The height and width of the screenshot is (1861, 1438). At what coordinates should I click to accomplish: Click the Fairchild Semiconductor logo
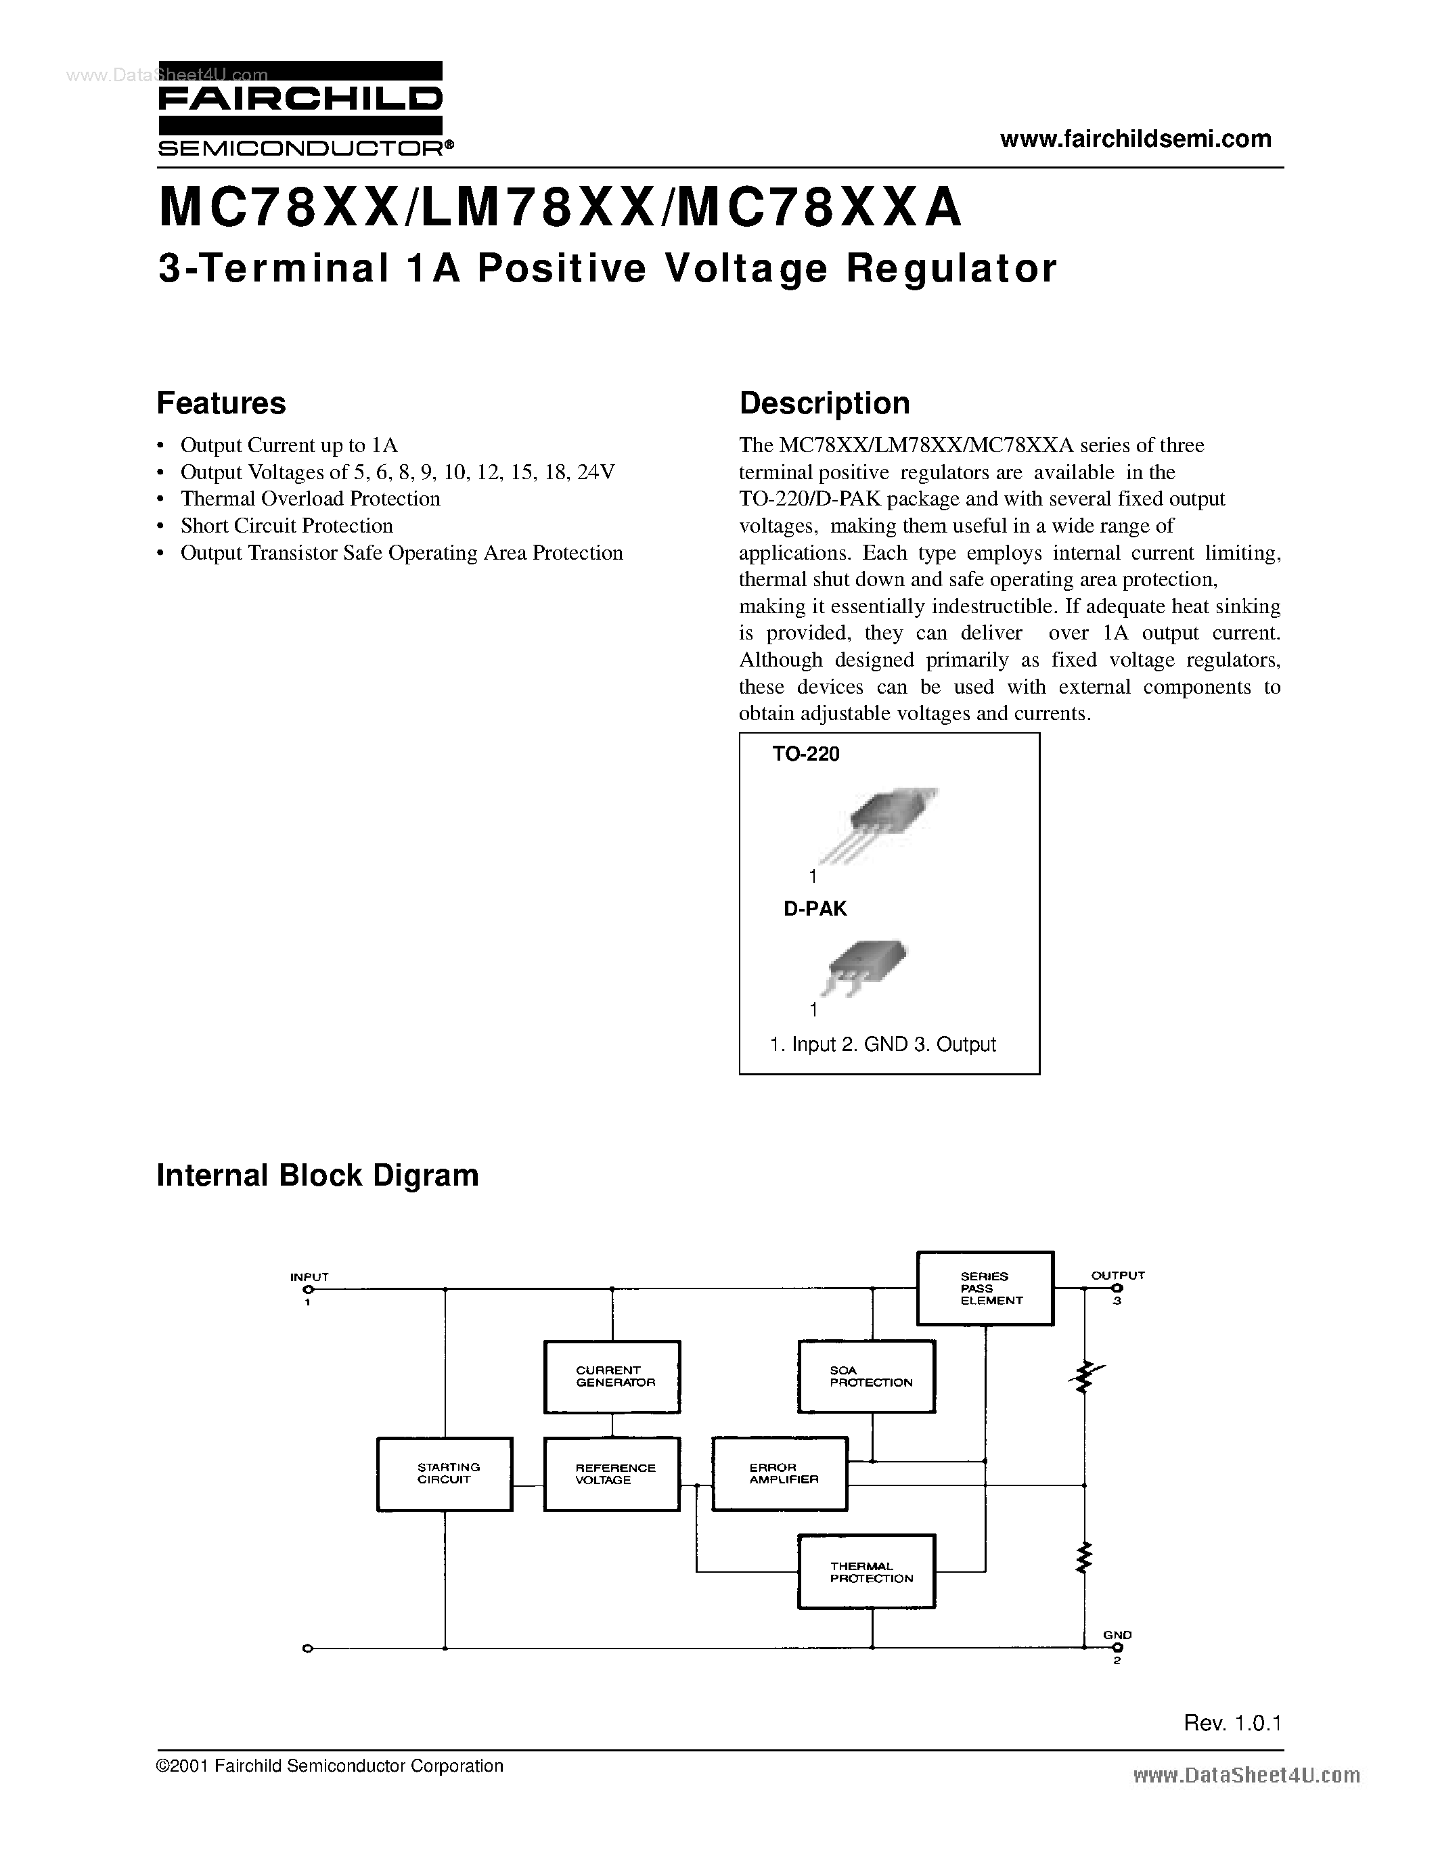[300, 109]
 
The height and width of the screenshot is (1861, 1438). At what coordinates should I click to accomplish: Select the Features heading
[221, 403]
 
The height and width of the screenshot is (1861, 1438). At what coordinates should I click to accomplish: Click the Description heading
[824, 403]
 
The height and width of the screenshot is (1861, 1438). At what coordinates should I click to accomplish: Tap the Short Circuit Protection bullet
[286, 526]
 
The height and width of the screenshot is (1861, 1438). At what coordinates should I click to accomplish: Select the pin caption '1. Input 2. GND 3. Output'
[882, 1045]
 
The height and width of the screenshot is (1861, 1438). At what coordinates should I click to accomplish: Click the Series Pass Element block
[985, 1288]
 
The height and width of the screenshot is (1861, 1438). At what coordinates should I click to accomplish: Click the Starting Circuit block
[445, 1473]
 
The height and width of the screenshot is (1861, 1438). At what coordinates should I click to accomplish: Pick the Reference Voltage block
[612, 1473]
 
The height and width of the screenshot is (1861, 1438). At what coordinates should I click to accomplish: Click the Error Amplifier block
[780, 1473]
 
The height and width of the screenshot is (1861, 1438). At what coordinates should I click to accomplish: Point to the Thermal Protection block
[866, 1571]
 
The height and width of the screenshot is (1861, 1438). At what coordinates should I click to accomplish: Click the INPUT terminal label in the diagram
[309, 1276]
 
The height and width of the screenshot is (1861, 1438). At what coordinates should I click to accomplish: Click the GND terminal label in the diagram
[1117, 1634]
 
